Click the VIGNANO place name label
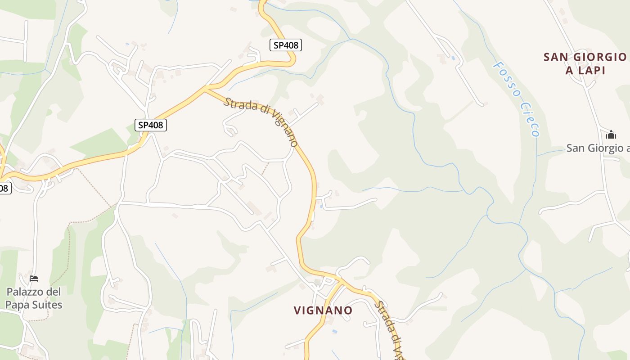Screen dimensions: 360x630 [323, 310]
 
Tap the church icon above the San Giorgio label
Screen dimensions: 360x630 [611, 135]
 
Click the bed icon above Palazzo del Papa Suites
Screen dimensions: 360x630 [33, 279]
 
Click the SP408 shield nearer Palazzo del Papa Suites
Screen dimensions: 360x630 [150, 125]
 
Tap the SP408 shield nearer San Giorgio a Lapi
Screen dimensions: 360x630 [285, 45]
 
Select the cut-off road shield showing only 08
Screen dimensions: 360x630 [4, 188]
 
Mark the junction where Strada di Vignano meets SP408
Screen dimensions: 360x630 [206, 89]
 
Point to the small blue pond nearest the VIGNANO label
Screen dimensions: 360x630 [334, 331]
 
